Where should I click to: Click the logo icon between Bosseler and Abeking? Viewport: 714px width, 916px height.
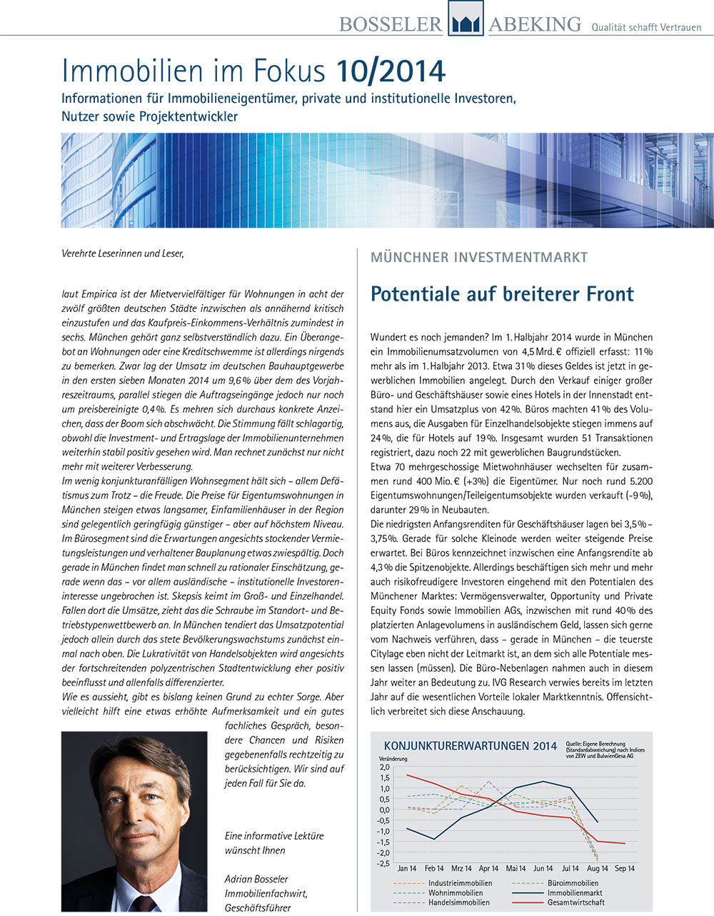[x=465, y=19]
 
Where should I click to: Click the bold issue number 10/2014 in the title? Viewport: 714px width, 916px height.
[x=391, y=71]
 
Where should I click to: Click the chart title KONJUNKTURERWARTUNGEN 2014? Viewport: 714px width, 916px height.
[x=470, y=746]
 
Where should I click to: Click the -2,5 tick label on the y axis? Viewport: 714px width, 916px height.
[x=383, y=863]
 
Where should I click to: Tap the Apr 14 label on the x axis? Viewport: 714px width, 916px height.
[x=488, y=869]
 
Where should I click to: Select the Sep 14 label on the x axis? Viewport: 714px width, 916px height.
[x=625, y=869]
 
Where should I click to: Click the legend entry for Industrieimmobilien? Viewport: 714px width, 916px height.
[x=460, y=883]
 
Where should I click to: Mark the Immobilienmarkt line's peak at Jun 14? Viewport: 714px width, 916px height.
[x=543, y=781]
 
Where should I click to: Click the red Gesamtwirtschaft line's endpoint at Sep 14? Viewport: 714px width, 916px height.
[x=625, y=843]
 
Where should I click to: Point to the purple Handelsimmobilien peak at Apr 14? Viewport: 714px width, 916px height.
[x=488, y=782]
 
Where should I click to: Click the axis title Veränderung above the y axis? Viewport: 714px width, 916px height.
[x=393, y=758]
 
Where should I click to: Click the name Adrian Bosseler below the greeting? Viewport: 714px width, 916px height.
[x=256, y=879]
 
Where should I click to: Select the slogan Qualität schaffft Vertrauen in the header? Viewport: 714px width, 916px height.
[x=646, y=27]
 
